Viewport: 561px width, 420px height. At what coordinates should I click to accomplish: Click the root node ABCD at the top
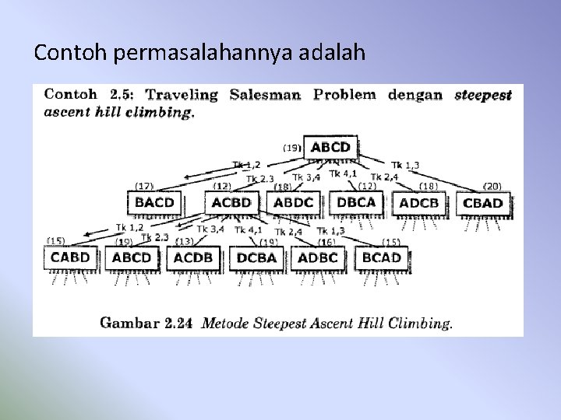click(x=330, y=147)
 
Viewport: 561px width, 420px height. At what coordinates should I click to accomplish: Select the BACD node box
click(x=154, y=202)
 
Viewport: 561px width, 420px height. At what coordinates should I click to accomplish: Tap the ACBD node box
click(x=231, y=202)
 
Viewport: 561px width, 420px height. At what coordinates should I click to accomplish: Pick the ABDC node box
click(x=295, y=202)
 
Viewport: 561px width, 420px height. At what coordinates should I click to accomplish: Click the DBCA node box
click(x=356, y=202)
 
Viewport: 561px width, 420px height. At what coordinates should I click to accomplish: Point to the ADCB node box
click(x=418, y=203)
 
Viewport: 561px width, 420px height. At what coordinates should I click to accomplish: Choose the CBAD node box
click(x=483, y=203)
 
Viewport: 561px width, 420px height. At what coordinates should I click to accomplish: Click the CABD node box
click(x=70, y=257)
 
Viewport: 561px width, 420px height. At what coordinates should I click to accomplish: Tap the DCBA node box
click(x=257, y=257)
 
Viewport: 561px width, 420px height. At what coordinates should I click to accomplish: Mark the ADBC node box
click(x=318, y=257)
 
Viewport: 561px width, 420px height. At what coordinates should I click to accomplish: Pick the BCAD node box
click(x=381, y=257)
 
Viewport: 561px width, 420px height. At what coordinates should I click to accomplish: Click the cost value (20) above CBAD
click(x=492, y=187)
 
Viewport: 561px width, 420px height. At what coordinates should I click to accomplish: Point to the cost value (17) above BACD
click(x=144, y=186)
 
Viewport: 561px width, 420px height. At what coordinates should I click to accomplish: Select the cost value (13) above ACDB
click(x=185, y=242)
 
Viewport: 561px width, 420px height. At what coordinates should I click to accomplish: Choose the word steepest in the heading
click(x=482, y=96)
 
